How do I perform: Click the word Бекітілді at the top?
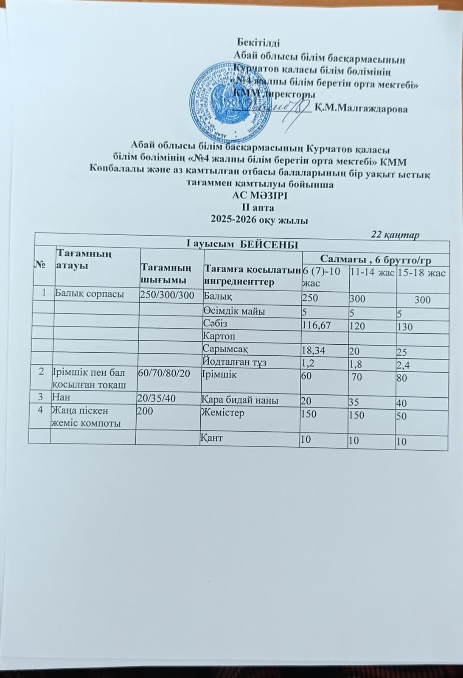point(258,43)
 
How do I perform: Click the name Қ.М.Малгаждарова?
point(362,109)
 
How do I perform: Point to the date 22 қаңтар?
point(396,234)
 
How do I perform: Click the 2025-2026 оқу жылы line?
point(259,220)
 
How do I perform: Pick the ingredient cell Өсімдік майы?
point(234,311)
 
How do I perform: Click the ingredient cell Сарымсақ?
point(226,349)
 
